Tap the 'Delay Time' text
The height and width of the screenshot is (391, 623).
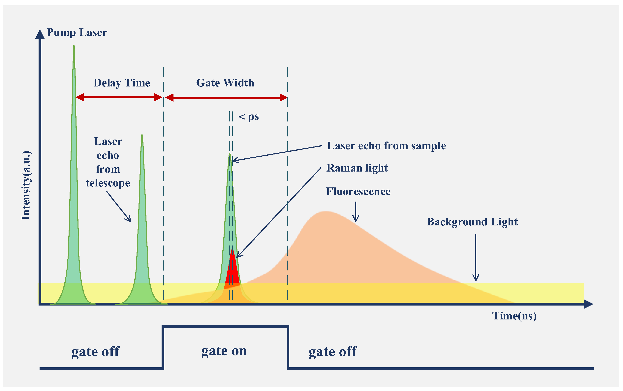click(x=122, y=83)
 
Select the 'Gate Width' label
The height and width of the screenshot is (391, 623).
click(x=225, y=83)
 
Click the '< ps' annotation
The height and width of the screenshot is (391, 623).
click(x=248, y=117)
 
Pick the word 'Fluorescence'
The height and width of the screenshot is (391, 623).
click(x=358, y=192)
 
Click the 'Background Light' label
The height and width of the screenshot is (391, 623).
click(x=472, y=222)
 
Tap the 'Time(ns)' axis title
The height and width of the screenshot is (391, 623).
click(x=514, y=316)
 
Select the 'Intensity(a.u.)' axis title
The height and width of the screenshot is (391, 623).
click(x=26, y=185)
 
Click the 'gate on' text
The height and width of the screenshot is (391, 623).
click(x=224, y=351)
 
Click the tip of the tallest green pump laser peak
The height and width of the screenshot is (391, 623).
click(x=74, y=47)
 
